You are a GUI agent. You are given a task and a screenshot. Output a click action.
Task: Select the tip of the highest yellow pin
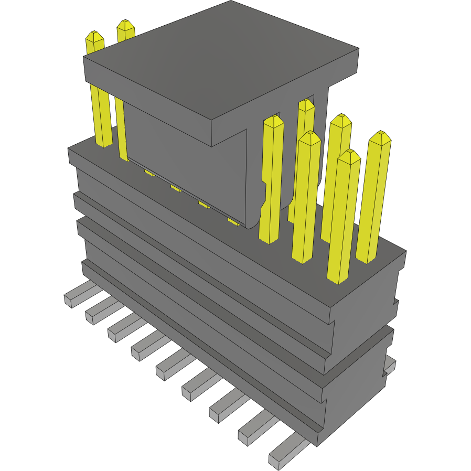tap(125, 24)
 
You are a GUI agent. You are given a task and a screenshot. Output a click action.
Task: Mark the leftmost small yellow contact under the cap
tap(149, 173)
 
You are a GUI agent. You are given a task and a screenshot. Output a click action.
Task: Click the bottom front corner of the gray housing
tap(317, 446)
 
